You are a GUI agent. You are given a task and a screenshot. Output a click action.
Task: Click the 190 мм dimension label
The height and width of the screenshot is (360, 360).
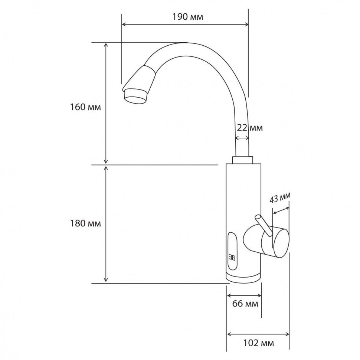coord(187,17)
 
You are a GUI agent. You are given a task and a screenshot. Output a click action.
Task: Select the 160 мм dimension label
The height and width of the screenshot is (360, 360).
coord(85,107)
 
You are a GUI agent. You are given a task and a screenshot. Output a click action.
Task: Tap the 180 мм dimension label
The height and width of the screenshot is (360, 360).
coord(85,223)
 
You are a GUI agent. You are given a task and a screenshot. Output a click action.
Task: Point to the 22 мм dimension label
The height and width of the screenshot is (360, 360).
coord(249,128)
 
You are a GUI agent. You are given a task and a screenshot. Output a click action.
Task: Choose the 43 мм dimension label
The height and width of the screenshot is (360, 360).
coord(279,197)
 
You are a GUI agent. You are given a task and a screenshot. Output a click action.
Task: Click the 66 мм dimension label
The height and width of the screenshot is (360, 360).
coord(245,304)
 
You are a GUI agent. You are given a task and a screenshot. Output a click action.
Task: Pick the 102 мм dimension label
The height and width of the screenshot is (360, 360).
coord(259,343)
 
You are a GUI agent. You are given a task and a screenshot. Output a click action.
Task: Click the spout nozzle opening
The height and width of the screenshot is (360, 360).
coord(135,99)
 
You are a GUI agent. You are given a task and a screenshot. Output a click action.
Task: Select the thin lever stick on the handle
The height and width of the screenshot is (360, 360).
coord(264,225)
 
